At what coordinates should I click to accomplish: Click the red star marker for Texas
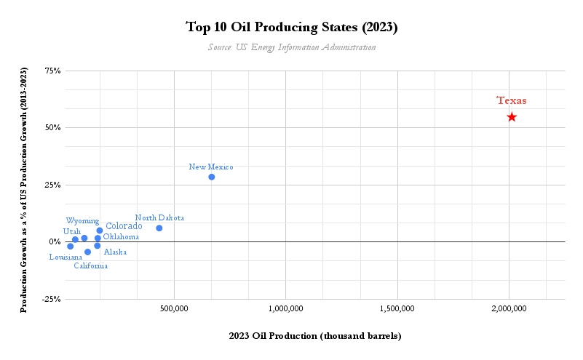[512, 117]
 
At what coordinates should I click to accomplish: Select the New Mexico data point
[212, 177]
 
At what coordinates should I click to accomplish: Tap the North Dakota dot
[159, 228]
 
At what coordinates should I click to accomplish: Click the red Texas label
[512, 101]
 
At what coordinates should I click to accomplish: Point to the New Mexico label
[211, 167]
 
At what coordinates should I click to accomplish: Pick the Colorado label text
[124, 226]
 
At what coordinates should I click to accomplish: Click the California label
[91, 266]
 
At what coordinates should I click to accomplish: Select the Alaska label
[115, 252]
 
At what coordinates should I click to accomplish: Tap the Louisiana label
[66, 257]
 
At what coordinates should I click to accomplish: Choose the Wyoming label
[82, 220]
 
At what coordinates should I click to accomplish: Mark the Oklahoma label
[121, 237]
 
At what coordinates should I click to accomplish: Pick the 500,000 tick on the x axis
[174, 309]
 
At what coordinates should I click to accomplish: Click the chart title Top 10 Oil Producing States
[292, 28]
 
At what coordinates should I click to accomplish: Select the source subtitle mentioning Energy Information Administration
[292, 47]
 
